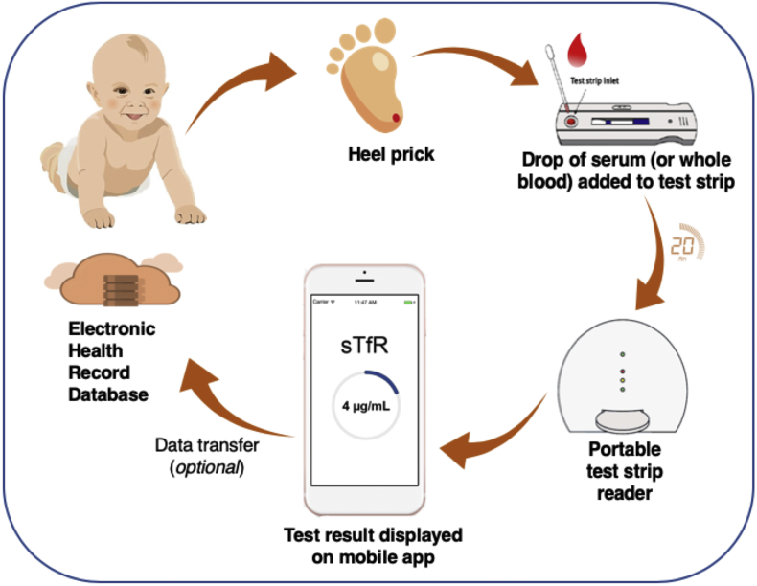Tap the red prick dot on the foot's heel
397,119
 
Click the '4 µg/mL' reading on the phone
364,405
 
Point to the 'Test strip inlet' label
594,81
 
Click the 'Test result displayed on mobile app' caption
366,544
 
